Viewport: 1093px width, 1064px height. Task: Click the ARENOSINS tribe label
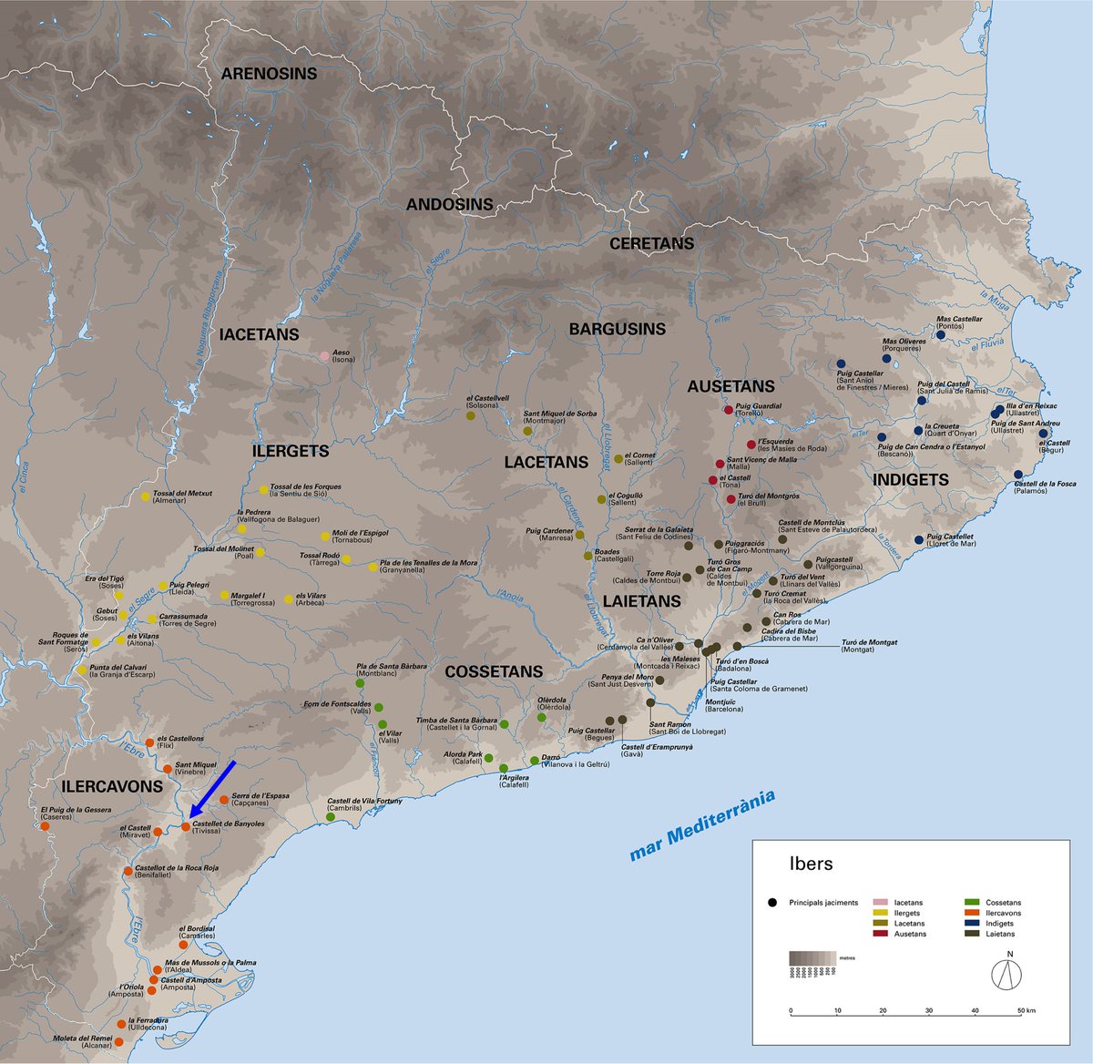269,74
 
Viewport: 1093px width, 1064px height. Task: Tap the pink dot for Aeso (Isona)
324,356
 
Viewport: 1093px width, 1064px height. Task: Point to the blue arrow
211,791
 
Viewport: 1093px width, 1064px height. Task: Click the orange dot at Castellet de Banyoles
186,826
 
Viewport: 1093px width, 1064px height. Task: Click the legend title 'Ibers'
811,864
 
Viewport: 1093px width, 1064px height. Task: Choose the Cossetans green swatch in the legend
971,903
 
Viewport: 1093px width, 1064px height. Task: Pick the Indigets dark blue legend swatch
971,923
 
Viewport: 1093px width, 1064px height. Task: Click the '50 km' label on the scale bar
1027,1010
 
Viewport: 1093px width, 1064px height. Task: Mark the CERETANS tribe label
651,244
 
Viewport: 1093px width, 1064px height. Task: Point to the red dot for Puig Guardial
728,410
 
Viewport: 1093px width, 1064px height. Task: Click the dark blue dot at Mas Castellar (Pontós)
941,334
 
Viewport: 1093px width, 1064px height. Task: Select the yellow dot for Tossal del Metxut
145,496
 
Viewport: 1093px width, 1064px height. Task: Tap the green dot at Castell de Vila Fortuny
331,817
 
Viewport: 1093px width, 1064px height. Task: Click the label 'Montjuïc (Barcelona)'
724,705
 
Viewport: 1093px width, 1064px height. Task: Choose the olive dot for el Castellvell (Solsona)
470,415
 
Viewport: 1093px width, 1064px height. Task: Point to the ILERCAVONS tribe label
112,786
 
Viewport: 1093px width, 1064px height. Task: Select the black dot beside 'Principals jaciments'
771,903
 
